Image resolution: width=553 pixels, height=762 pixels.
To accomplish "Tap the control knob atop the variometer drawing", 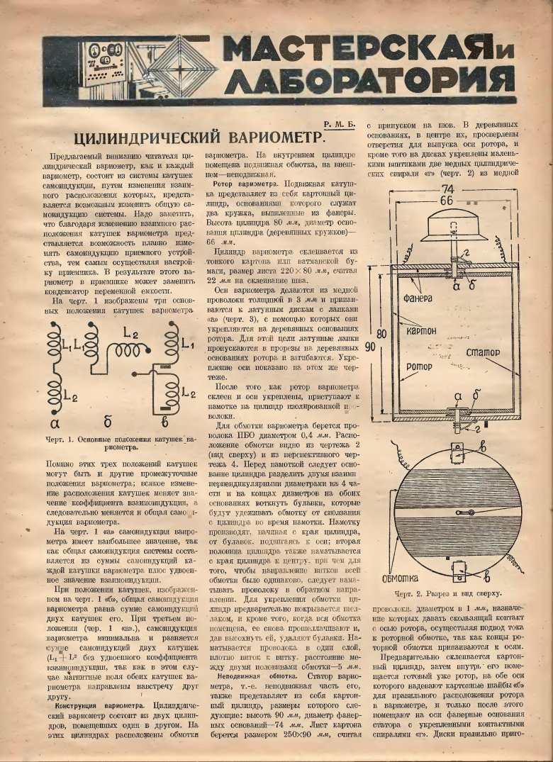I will click(x=453, y=224).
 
